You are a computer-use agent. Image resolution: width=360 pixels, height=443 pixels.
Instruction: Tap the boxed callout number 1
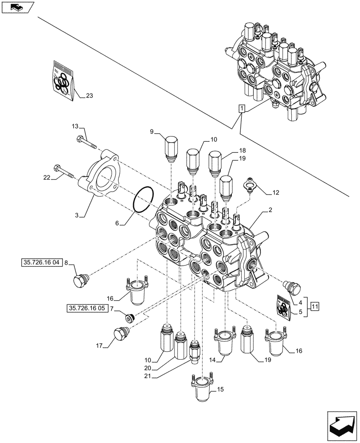coord(241,108)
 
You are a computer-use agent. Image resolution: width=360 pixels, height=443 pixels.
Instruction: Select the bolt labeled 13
coord(87,142)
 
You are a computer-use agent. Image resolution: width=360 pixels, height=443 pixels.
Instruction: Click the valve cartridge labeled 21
coord(194,350)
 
